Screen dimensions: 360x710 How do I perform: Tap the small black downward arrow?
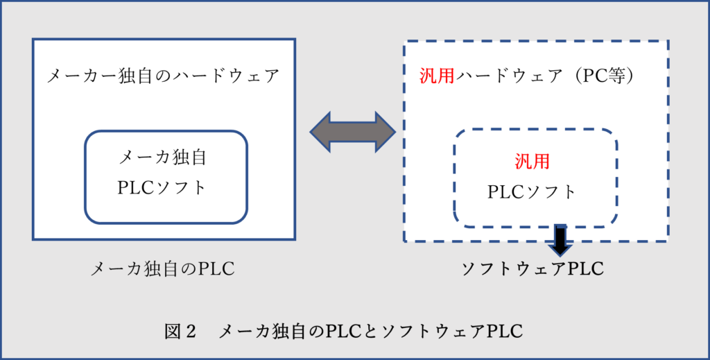(560, 239)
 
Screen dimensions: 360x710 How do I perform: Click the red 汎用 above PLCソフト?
(532, 162)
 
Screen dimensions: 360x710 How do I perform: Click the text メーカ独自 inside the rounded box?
(164, 158)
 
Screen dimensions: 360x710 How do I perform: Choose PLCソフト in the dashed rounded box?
(532, 191)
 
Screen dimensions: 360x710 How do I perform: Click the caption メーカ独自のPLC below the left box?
(163, 269)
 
